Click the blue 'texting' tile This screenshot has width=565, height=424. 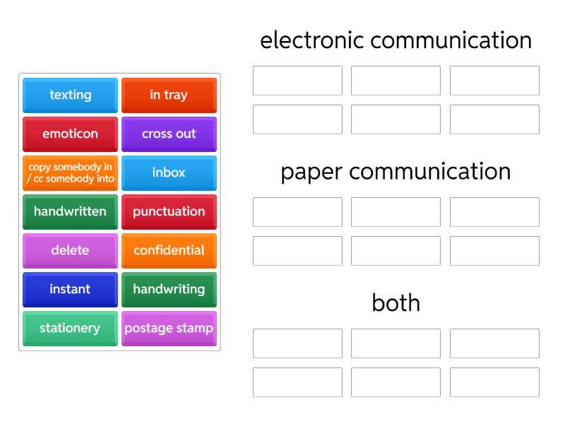click(x=70, y=95)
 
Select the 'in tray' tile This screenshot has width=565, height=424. click(x=169, y=95)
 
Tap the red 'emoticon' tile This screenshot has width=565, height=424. click(x=70, y=134)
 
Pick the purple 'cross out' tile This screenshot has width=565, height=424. click(x=169, y=134)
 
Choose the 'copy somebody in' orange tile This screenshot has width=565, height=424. click(x=70, y=173)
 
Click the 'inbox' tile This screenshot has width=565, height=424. click(x=169, y=173)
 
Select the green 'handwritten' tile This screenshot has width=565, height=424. click(x=70, y=212)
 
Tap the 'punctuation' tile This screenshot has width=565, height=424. click(x=169, y=212)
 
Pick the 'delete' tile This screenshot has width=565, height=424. click(x=70, y=251)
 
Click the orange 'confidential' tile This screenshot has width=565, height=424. click(x=169, y=251)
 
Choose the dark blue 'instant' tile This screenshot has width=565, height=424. click(x=70, y=290)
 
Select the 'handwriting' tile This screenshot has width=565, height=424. click(x=169, y=290)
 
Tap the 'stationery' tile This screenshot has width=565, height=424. click(x=70, y=329)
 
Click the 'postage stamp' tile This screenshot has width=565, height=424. click(x=169, y=329)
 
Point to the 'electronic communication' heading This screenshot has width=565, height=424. click(x=396, y=40)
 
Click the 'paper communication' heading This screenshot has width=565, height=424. click(x=396, y=172)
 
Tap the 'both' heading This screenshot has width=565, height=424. click(x=396, y=302)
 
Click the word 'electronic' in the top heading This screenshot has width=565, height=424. click(x=312, y=40)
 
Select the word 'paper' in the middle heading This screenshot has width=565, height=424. click(x=311, y=173)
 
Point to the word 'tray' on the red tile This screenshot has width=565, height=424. click(x=176, y=95)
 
